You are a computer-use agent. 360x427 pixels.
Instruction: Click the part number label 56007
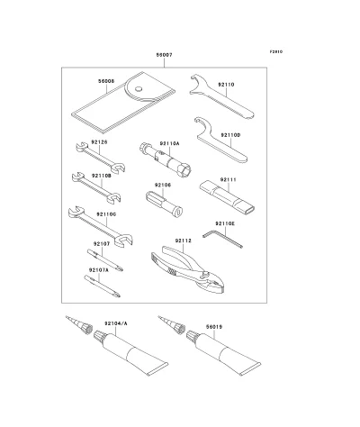[x=164, y=55]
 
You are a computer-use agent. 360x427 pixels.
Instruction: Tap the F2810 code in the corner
[x=276, y=51]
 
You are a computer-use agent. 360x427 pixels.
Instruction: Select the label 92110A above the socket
[x=169, y=143]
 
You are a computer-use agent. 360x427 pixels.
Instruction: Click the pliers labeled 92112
[x=188, y=269]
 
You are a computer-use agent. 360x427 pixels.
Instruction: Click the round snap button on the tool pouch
[x=138, y=89]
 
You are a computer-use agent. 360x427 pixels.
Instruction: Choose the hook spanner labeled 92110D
[x=220, y=141]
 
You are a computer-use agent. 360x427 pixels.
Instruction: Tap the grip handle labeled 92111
[x=228, y=197]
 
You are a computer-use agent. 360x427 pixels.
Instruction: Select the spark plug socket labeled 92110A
[x=166, y=159]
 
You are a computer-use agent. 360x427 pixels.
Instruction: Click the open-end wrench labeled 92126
[x=100, y=158]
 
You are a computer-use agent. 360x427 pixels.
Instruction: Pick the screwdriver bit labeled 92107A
[x=102, y=286]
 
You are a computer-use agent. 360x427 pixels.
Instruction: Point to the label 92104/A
[x=116, y=323]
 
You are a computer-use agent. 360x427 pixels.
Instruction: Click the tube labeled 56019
[x=223, y=352]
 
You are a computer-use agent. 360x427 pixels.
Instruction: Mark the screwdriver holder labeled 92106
[x=164, y=204]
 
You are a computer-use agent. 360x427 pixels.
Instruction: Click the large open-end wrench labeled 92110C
[x=100, y=227]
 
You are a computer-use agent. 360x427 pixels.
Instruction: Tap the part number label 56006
[x=106, y=81]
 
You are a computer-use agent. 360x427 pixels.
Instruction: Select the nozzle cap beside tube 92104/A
[x=78, y=324]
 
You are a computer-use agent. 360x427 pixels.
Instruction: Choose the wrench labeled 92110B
[x=96, y=187]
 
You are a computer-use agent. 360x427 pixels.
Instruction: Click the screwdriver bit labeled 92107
[x=105, y=260]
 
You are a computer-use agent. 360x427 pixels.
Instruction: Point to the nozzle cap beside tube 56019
[x=171, y=324]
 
